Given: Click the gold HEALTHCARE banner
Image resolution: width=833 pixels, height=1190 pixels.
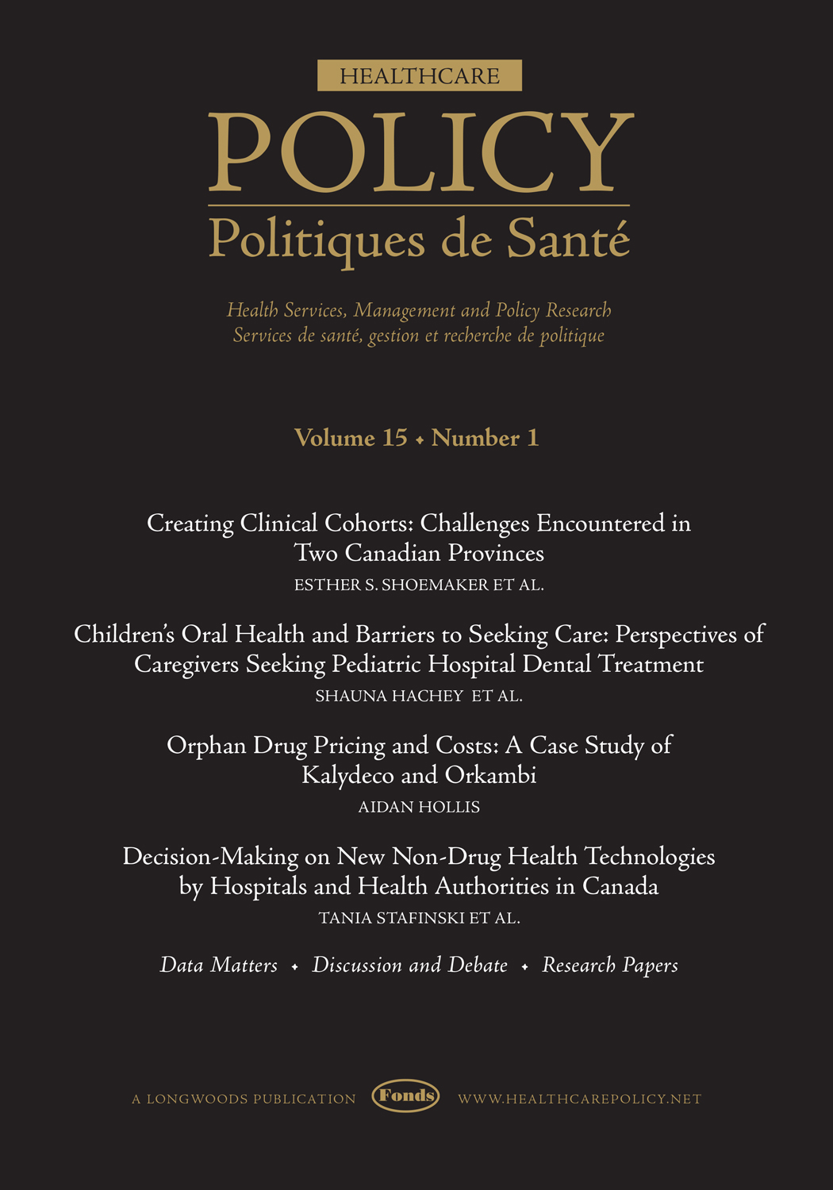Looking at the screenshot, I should (420, 75).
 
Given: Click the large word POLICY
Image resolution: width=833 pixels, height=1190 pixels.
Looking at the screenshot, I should (420, 153).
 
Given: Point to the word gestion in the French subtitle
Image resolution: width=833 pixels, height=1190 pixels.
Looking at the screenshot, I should (393, 336).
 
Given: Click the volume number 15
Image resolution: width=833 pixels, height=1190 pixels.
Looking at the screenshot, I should (394, 438).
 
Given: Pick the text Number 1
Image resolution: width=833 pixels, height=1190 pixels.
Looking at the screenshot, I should (485, 438).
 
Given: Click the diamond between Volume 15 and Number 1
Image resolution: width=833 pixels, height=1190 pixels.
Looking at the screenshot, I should (420, 440).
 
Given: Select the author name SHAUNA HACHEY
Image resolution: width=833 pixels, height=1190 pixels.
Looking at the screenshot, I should (389, 697).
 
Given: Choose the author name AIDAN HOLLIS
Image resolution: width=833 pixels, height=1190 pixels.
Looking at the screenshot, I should (419, 808).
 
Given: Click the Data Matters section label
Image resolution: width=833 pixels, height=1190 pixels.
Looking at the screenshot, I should (219, 965).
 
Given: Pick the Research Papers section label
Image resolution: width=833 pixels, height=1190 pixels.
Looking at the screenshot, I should (609, 965).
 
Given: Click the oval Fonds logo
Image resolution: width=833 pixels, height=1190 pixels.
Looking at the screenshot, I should (405, 1096).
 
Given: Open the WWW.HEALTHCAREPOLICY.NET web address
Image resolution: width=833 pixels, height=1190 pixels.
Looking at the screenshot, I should (579, 1100).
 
